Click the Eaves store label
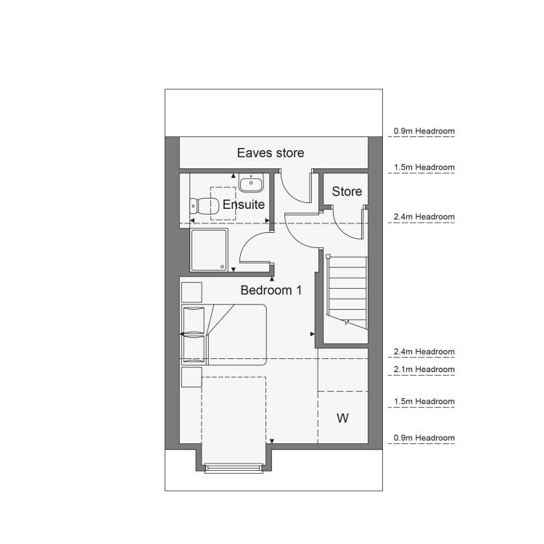271,152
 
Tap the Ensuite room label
244,205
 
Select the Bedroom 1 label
271,290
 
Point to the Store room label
347,191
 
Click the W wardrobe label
343,418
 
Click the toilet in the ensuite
205,206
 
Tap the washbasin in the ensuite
251,183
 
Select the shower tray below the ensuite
209,250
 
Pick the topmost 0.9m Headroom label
424,131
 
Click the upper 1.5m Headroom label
424,168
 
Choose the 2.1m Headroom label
424,369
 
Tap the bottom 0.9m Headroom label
424,438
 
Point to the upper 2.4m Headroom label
424,217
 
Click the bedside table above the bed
191,292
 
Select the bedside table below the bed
191,377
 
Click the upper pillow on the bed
194,320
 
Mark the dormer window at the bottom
233,468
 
